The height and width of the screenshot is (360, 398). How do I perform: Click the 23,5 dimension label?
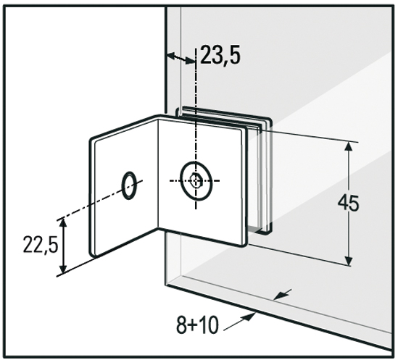tap(221, 56)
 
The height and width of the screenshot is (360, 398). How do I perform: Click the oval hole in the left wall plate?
tap(130, 184)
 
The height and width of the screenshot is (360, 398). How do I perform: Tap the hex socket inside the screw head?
tap(196, 181)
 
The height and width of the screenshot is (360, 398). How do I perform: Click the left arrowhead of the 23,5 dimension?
tap(171, 56)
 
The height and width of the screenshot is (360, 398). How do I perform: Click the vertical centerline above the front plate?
tap(196, 94)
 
